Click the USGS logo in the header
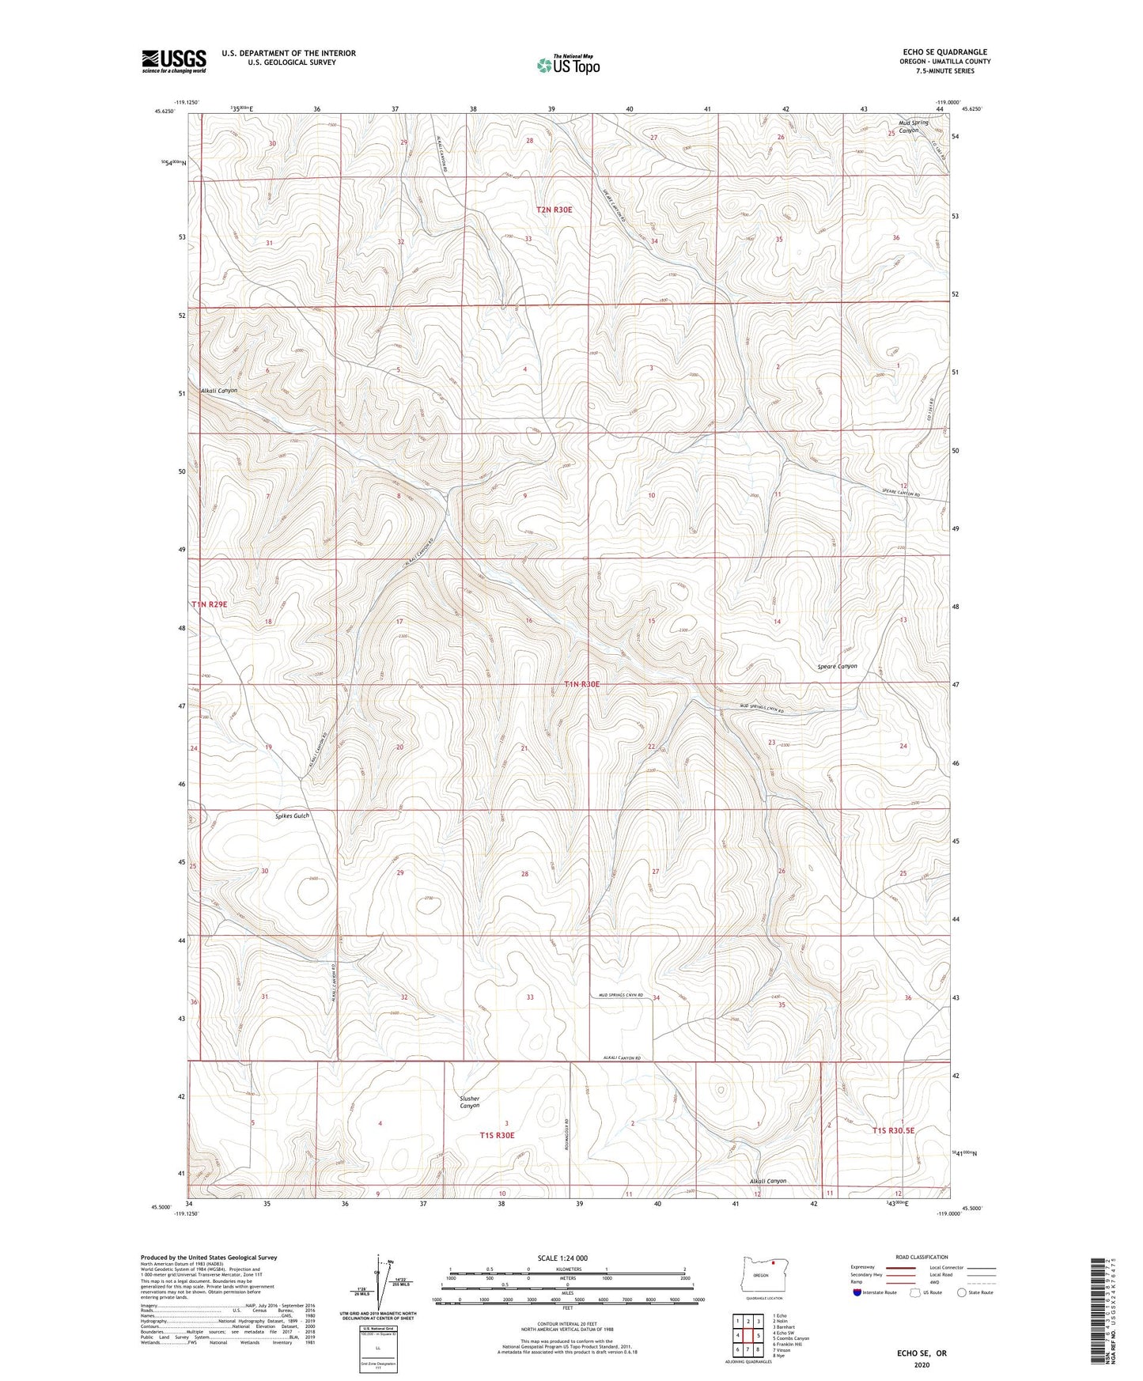click(x=174, y=61)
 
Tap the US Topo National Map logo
click(x=568, y=65)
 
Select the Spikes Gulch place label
click(x=292, y=815)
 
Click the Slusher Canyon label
click(x=470, y=1102)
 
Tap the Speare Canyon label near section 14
click(x=837, y=666)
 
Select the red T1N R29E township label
click(x=210, y=604)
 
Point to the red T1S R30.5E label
click(x=893, y=1130)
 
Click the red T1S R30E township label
click(x=497, y=1135)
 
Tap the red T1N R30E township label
click(x=586, y=684)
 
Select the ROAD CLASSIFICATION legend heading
click(x=922, y=1257)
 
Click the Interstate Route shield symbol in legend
click(x=857, y=1292)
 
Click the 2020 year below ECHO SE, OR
click(x=922, y=1364)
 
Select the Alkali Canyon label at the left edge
click(x=218, y=391)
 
